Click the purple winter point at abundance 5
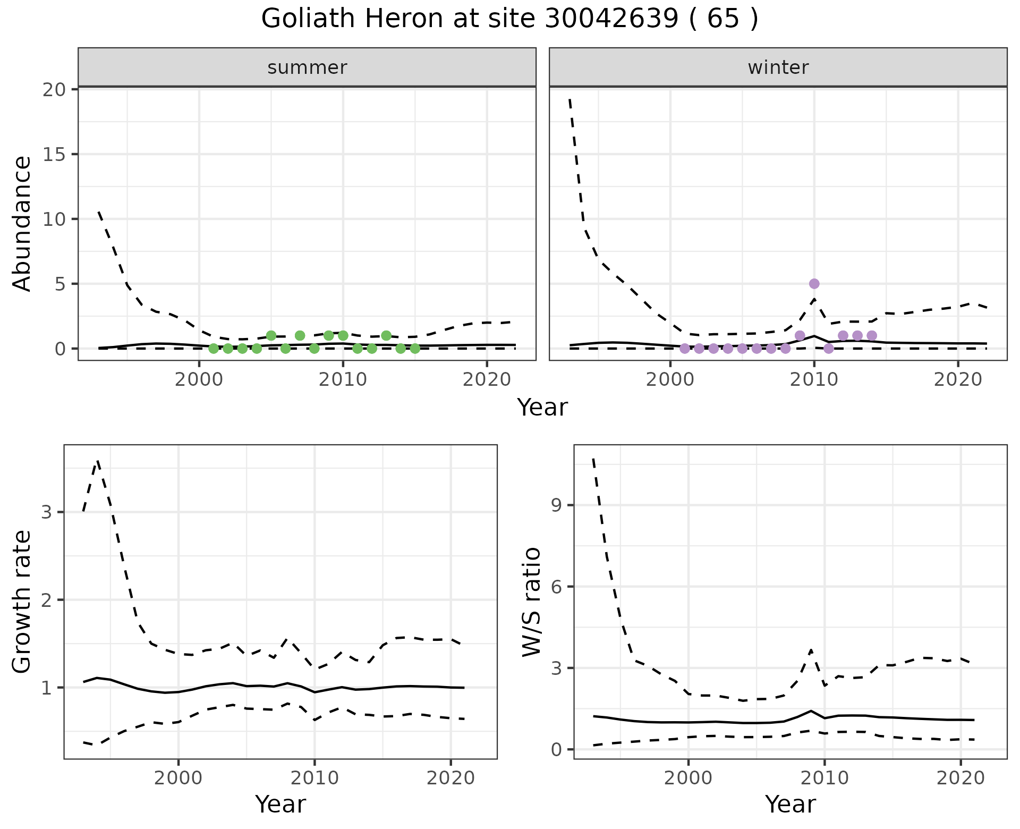[814, 284]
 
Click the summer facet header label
[307, 67]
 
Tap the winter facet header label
[778, 67]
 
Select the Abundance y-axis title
[22, 224]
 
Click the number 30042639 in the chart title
[611, 19]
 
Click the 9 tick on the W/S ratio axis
[556, 505]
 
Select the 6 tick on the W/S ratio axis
[556, 587]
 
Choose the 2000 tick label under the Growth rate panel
[178, 778]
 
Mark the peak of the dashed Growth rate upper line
[97, 461]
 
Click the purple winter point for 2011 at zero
[828, 349]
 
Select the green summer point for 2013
[386, 335]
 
